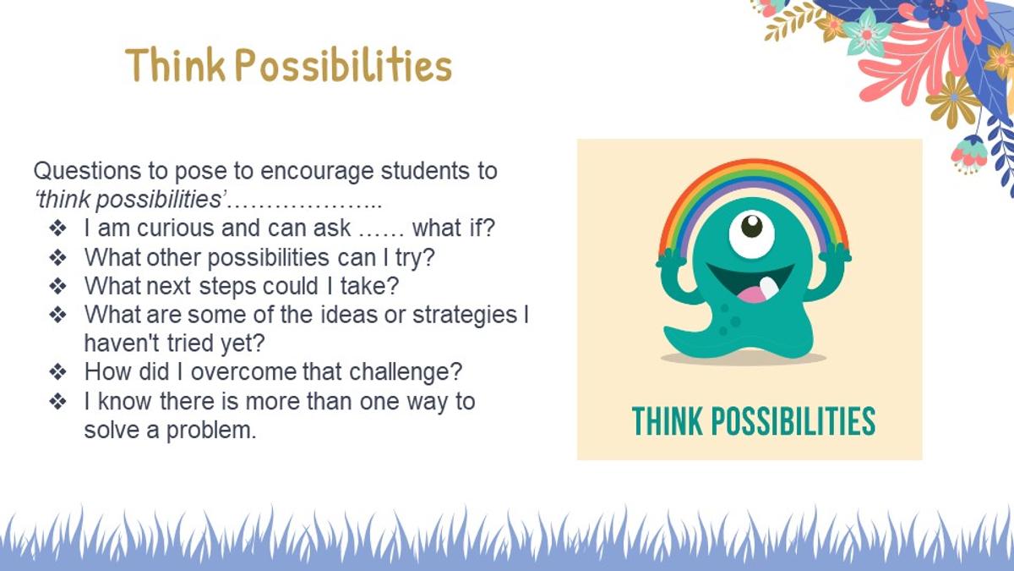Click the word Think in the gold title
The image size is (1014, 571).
[x=175, y=65]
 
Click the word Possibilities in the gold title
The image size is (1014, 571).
[x=344, y=65]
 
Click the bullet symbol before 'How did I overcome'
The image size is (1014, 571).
[x=58, y=372]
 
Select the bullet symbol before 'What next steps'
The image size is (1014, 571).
[x=58, y=287]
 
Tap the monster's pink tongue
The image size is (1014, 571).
[x=751, y=295]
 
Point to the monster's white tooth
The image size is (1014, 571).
[x=769, y=288]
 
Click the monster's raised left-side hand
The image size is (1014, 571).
[x=670, y=258]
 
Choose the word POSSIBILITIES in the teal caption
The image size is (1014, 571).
[x=793, y=421]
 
